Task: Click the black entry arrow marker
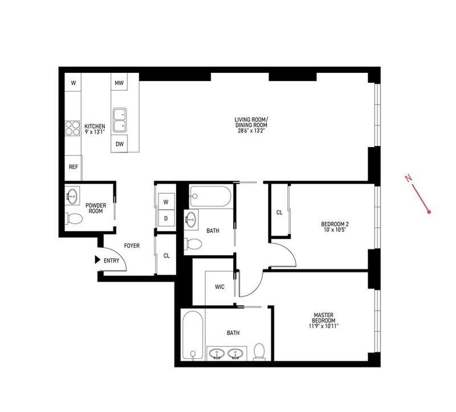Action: [x=97, y=260]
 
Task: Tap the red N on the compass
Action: [x=409, y=178]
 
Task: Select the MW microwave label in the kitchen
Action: [x=119, y=83]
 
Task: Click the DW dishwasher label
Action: [x=120, y=144]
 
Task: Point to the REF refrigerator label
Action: [x=74, y=167]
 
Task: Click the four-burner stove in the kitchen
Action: [x=72, y=128]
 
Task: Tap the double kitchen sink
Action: [x=120, y=120]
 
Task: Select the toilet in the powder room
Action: [x=74, y=219]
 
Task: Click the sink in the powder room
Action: [x=72, y=195]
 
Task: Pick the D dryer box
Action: [x=166, y=218]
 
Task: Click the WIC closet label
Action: [x=219, y=287]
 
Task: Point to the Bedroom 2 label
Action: [x=335, y=224]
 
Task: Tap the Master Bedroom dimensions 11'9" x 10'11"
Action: [x=324, y=326]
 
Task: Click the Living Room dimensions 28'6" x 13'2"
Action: [x=251, y=130]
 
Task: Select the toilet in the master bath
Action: [x=259, y=351]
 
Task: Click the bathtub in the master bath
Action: [x=193, y=335]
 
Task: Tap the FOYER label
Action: [x=132, y=246]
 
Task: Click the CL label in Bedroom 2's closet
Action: [x=279, y=213]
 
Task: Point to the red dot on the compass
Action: [x=429, y=212]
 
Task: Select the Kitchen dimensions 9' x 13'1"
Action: [x=95, y=132]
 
